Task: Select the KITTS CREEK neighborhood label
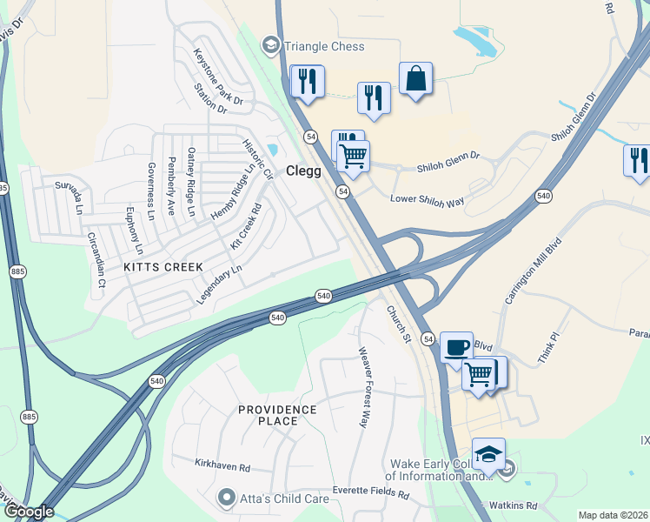(x=163, y=266)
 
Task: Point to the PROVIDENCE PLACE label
(x=278, y=415)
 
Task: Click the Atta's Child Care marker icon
(x=227, y=499)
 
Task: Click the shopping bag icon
(x=416, y=79)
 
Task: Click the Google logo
(x=29, y=512)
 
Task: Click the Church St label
(x=398, y=323)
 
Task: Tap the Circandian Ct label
(x=96, y=259)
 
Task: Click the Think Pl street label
(x=547, y=347)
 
